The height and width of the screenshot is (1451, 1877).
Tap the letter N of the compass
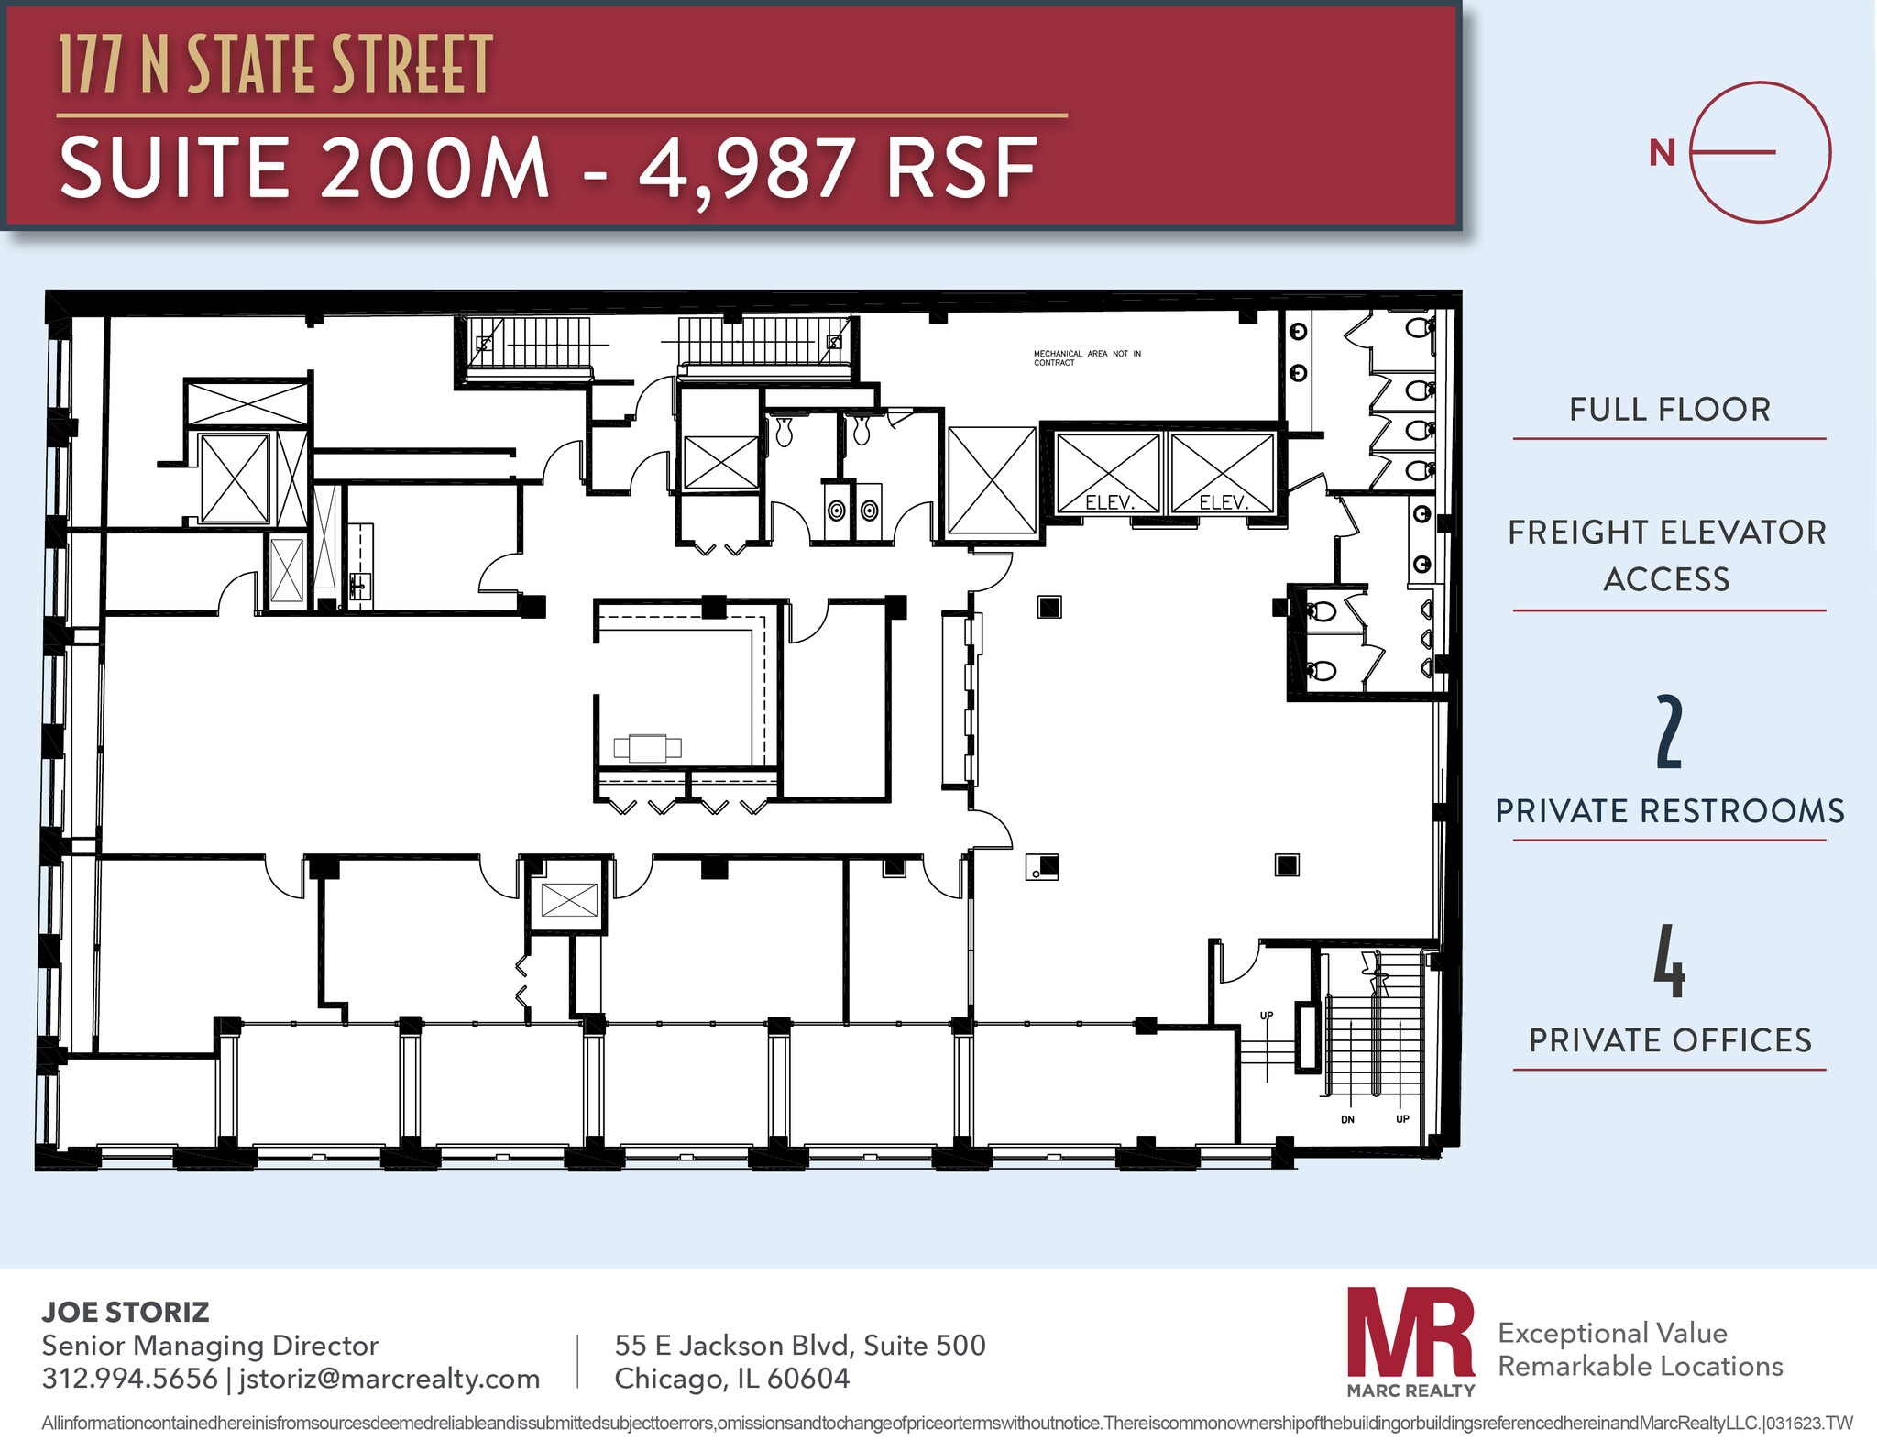point(1662,153)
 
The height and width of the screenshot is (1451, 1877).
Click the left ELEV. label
point(1110,502)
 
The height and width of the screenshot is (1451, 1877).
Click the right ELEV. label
point(1224,502)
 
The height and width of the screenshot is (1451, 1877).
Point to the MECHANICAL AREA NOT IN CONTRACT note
point(1087,357)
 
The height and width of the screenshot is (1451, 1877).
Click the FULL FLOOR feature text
point(1669,410)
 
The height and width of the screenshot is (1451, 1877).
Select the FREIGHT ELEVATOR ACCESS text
point(1667,555)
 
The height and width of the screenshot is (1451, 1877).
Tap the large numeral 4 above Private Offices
point(1669,962)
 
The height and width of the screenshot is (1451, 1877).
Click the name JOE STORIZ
point(126,1312)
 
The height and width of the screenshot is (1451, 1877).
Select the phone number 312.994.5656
point(130,1379)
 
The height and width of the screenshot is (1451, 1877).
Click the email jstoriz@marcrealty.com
point(389,1379)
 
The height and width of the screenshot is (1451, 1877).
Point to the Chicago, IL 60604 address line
point(731,1379)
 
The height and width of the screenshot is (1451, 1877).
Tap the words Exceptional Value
point(1612,1333)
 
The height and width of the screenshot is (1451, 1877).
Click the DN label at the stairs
point(1347,1119)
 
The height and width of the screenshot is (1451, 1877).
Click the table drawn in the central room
point(648,748)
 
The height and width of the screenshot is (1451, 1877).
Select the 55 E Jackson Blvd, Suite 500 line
point(799,1345)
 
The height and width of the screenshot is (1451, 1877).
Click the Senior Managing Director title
point(210,1345)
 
